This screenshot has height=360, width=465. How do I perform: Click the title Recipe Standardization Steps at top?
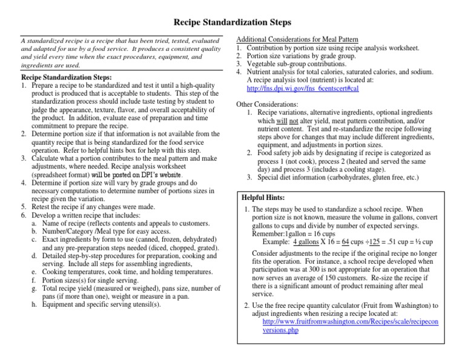coord(232,22)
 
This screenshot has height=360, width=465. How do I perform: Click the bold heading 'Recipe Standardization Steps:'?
coord(66,78)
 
